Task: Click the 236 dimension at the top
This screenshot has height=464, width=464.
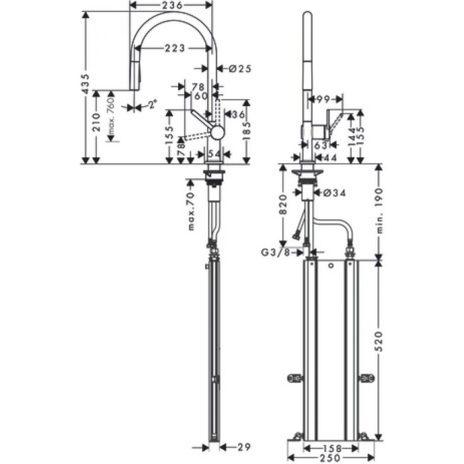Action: tap(171, 5)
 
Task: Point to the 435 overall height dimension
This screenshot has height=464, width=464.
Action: tap(85, 86)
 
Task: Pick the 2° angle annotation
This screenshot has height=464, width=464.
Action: tap(152, 104)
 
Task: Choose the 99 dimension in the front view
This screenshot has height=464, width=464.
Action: tap(321, 100)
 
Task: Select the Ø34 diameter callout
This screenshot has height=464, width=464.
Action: tap(334, 194)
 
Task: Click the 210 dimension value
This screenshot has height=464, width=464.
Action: tap(96, 121)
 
